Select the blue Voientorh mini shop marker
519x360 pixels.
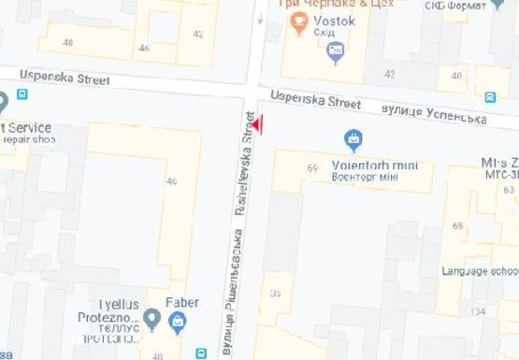[353, 142]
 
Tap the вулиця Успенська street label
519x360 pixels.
[435, 115]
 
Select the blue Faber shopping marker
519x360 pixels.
[177, 324]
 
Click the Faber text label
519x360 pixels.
[181, 302]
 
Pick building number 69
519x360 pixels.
[312, 168]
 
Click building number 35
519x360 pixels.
[275, 295]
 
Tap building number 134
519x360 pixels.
[478, 311]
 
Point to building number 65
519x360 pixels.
[457, 226]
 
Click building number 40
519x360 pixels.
[457, 75]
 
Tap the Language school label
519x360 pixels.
[479, 271]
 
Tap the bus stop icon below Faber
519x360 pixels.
[200, 353]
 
